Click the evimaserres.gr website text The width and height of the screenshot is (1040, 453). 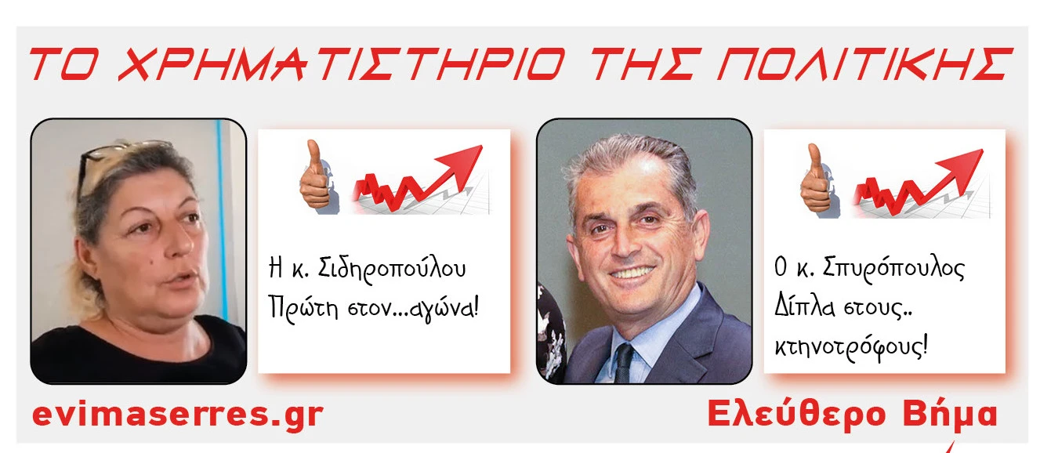177,415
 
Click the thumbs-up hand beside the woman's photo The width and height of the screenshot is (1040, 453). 313,175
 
